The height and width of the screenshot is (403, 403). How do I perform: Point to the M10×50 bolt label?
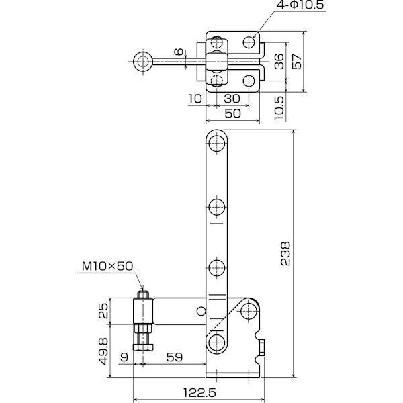[107, 266]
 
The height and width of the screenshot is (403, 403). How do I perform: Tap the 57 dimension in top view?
[298, 62]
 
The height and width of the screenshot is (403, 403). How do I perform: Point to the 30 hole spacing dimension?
[233, 98]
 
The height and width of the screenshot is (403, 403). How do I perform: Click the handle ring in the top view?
[142, 62]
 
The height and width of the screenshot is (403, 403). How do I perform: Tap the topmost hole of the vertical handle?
[216, 142]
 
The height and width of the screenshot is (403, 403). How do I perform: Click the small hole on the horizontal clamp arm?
[200, 311]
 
